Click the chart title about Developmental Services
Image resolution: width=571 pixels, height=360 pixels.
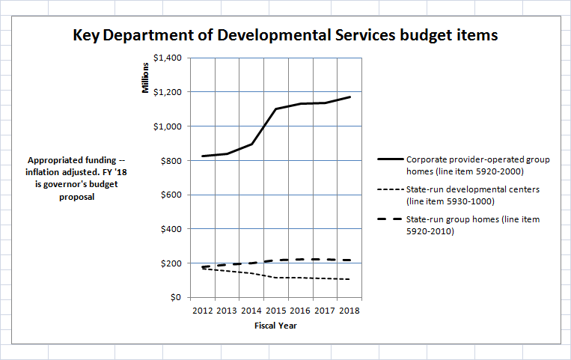click(285, 35)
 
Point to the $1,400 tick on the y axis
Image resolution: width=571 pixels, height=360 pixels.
click(168, 58)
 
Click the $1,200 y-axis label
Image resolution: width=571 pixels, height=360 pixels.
click(168, 92)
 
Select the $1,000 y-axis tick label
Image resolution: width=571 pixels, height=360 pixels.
click(168, 126)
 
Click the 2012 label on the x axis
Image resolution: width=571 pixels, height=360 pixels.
click(203, 311)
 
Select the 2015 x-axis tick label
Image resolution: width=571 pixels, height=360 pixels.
click(275, 311)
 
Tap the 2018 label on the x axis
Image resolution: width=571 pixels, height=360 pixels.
click(348, 311)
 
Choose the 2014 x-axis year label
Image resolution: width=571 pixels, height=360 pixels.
click(251, 311)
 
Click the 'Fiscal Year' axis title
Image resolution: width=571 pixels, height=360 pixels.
click(275, 326)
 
